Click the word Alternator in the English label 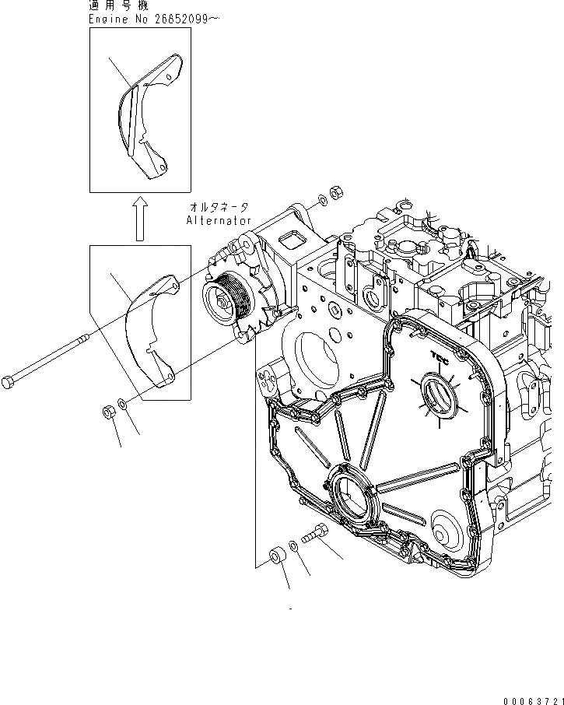(x=219, y=221)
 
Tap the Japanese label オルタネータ (x=219, y=207)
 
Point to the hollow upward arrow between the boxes (x=139, y=218)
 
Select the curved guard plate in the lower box (x=152, y=327)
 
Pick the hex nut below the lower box (x=110, y=411)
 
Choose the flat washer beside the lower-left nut (x=124, y=405)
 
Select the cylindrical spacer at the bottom (x=276, y=557)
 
